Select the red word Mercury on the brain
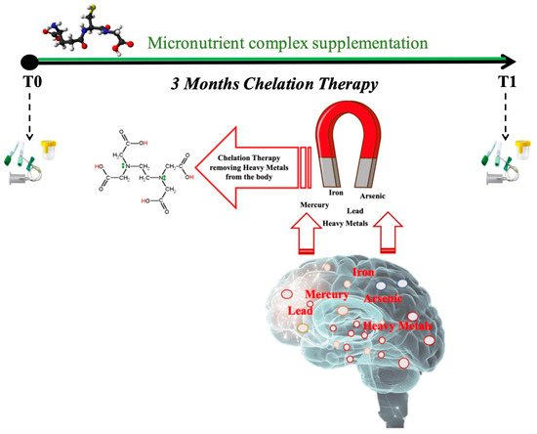[x=325, y=293]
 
